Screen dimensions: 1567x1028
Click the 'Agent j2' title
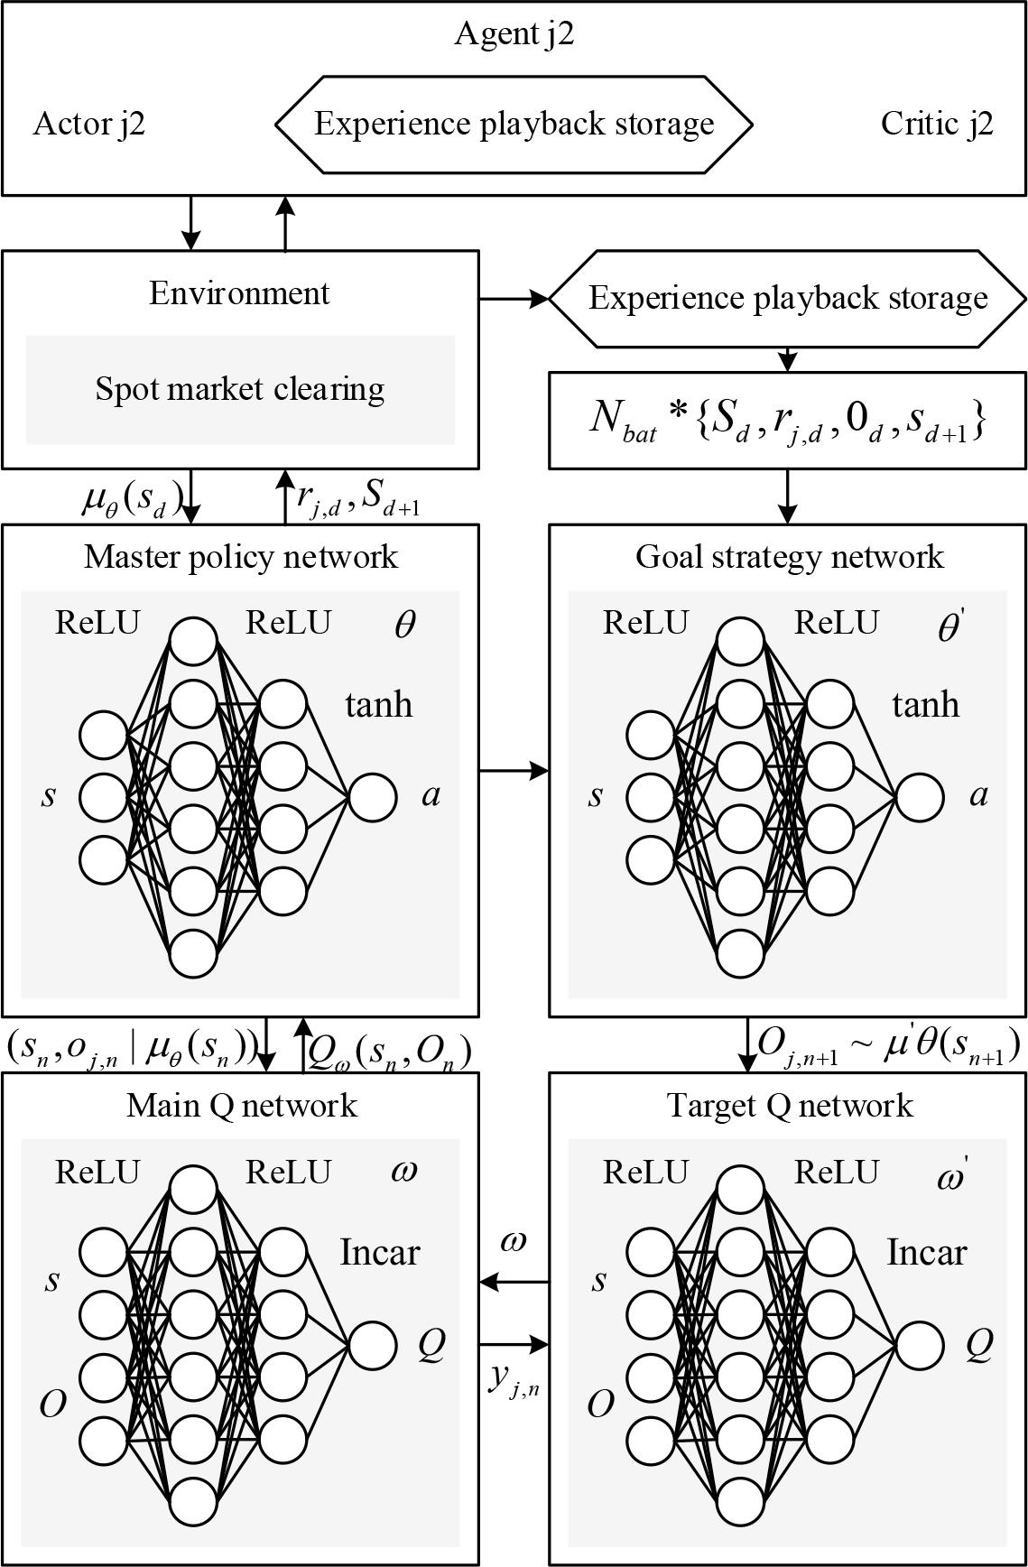(514, 33)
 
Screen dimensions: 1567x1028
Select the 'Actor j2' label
(88, 124)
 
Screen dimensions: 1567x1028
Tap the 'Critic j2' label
(936, 124)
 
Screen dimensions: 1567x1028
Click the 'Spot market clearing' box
(240, 390)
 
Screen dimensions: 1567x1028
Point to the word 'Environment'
(239, 293)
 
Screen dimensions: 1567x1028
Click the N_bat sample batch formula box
(788, 421)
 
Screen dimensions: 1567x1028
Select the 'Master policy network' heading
(241, 556)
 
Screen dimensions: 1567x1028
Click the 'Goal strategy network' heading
(789, 556)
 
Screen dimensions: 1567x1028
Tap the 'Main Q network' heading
(241, 1105)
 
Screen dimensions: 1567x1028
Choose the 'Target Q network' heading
(789, 1105)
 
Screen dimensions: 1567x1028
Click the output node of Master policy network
(372, 797)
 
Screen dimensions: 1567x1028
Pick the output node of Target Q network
(920, 1346)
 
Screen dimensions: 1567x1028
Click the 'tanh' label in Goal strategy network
(925, 704)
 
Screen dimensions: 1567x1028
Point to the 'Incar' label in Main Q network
(379, 1252)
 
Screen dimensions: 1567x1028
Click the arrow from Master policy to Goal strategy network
(514, 771)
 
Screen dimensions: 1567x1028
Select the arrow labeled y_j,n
(514, 1346)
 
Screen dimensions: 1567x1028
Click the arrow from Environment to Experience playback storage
(514, 298)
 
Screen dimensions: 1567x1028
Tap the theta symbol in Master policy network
(404, 625)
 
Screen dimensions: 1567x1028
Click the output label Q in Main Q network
(431, 1345)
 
